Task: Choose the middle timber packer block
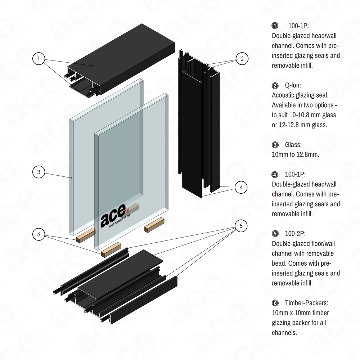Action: (x=111, y=249)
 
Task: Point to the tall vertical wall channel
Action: (x=198, y=122)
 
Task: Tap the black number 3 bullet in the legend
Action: (x=275, y=145)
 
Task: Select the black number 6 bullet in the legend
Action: (x=275, y=303)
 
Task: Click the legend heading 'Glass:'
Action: (x=293, y=145)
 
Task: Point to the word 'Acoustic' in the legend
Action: (x=284, y=95)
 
